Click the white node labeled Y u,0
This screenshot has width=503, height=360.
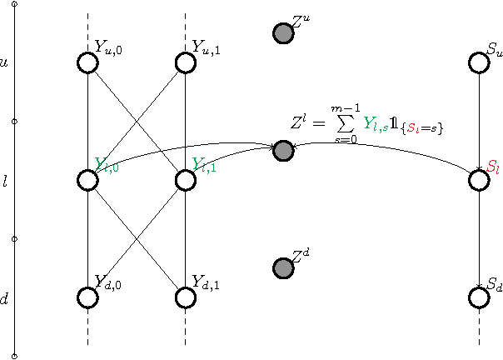point(87,62)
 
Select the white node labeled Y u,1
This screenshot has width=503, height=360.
point(185,62)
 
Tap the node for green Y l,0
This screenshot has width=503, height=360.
point(87,180)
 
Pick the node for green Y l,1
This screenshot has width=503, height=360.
point(185,180)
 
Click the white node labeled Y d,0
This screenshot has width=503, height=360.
point(87,297)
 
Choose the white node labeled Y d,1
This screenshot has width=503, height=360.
point(185,297)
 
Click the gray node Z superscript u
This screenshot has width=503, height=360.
point(283,33)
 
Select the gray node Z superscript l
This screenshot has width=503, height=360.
point(283,151)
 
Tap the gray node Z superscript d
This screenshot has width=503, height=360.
point(283,268)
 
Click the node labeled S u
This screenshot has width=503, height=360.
point(479,62)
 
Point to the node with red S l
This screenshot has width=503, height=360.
point(479,180)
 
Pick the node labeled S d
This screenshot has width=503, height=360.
point(479,297)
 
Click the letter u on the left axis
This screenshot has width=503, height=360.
point(5,62)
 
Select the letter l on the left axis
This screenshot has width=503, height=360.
point(5,180)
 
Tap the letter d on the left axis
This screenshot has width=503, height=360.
point(5,297)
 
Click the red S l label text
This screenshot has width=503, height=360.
point(494,166)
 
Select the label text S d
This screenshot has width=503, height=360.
point(495,284)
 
